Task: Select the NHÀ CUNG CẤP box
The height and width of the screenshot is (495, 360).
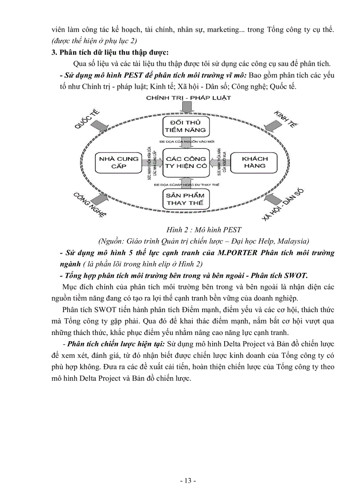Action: coord(119,162)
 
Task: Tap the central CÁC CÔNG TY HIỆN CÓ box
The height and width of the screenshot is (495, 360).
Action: coord(186,162)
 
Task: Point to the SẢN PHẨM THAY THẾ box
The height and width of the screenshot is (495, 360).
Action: coord(186,199)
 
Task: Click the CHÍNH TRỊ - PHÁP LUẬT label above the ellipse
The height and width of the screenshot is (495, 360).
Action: coord(188,98)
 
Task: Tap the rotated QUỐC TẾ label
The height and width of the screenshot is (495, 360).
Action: coord(87,119)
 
